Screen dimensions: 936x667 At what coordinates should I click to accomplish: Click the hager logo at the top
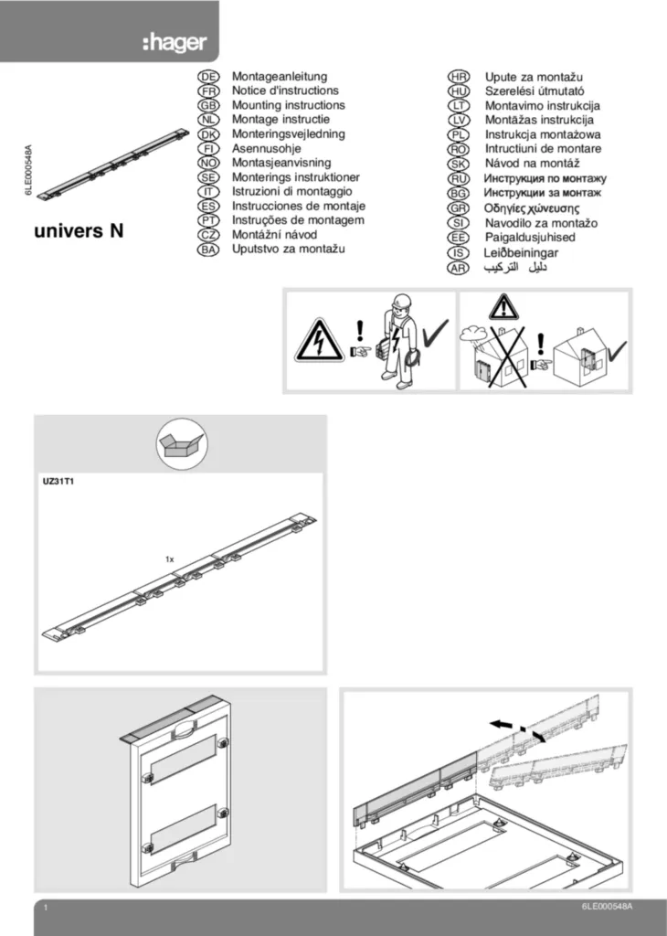[174, 43]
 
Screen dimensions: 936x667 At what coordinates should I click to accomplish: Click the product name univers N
[79, 230]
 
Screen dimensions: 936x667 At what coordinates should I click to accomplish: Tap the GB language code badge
[208, 106]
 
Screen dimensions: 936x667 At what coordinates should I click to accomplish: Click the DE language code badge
[208, 77]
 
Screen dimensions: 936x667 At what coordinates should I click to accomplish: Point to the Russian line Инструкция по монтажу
[545, 178]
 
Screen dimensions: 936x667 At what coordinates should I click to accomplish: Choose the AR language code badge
[458, 268]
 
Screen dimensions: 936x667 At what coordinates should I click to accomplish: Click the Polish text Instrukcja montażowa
[543, 134]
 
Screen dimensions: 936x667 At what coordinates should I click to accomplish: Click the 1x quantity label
[170, 558]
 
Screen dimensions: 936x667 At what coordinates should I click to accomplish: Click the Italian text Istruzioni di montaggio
[291, 192]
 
